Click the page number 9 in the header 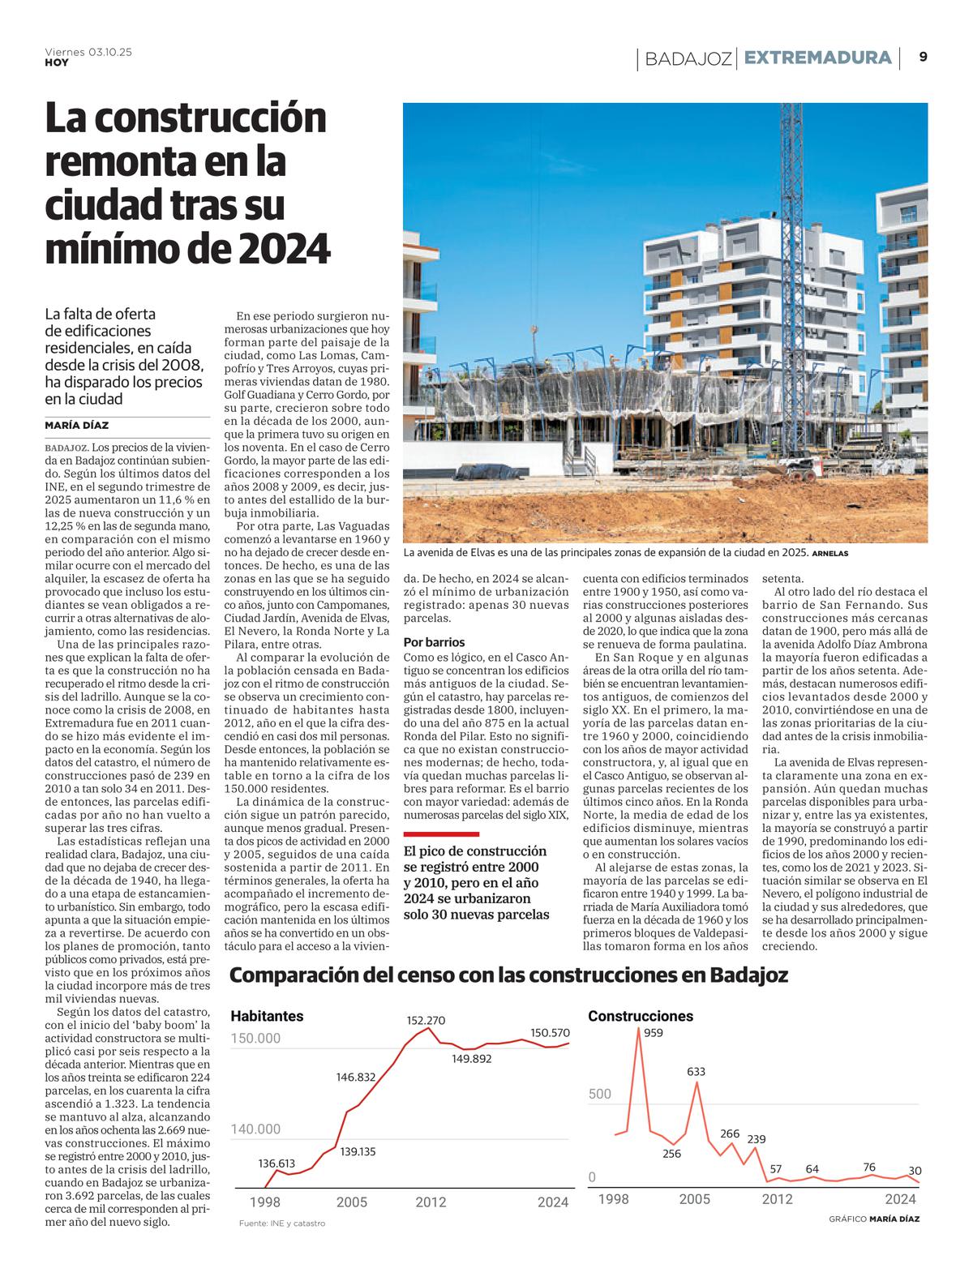click(x=924, y=57)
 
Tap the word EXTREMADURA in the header click(x=817, y=58)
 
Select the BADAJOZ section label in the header click(x=689, y=58)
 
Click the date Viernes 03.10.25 click(x=88, y=52)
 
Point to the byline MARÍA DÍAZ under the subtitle click(x=77, y=426)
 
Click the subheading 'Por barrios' click(x=434, y=642)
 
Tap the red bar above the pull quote click(x=441, y=833)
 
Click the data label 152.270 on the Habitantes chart click(x=426, y=1020)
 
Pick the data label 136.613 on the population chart click(x=277, y=1163)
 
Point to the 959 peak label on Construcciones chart click(x=653, y=1033)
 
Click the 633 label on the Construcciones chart click(x=696, y=1071)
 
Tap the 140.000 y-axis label click(x=255, y=1129)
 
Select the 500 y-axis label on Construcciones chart click(x=600, y=1094)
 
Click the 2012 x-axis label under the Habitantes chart click(x=431, y=1202)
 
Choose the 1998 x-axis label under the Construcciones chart click(x=613, y=1199)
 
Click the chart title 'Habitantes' click(x=267, y=1016)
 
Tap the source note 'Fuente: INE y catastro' click(x=282, y=1223)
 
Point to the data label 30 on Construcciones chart click(x=915, y=1171)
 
